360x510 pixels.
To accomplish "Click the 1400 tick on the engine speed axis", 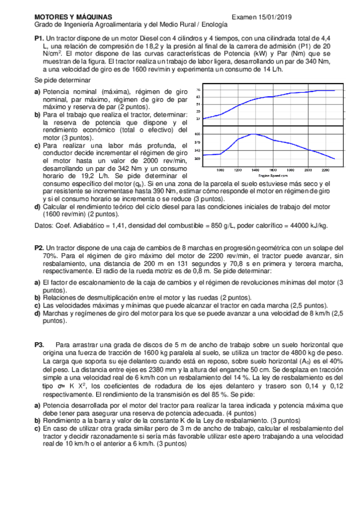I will (255, 170).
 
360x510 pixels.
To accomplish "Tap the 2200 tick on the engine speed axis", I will (325, 170).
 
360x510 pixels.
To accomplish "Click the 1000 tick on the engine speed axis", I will (221, 170).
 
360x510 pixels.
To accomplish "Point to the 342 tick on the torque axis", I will (198, 150).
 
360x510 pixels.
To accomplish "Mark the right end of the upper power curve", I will (334, 90).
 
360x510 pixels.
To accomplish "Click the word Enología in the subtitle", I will (214, 26).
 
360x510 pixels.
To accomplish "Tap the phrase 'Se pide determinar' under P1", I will (62, 80).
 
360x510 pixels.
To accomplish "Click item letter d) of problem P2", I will (38, 313).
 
